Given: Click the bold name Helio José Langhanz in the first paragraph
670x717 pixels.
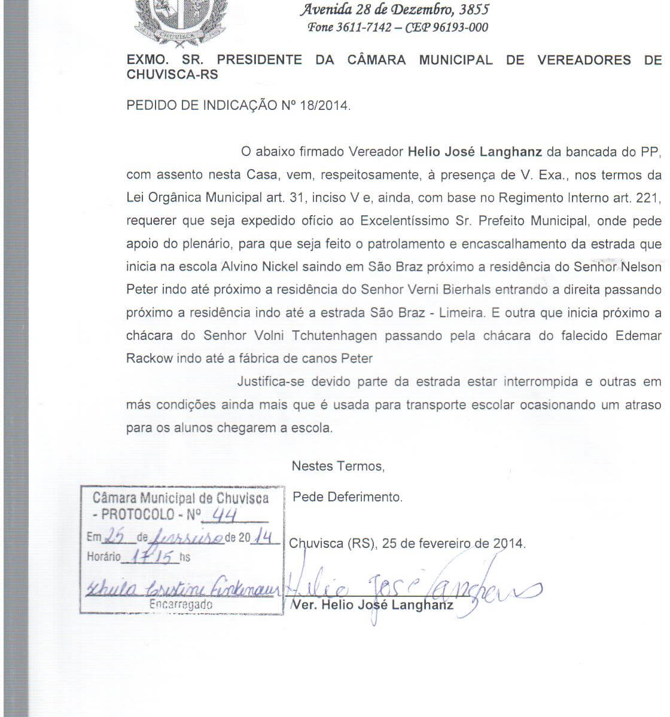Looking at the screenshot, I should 475,152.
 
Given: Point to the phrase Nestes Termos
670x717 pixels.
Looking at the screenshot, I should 338,466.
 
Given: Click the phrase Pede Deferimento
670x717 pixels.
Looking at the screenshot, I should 348,497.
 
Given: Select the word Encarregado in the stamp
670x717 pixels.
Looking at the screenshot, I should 181,605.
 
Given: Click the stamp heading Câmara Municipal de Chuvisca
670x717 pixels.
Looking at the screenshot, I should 181,498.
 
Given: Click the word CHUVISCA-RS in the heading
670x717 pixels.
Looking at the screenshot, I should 172,75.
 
